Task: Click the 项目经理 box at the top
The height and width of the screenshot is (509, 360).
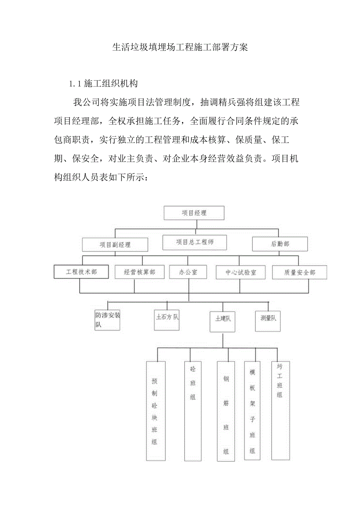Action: point(194,213)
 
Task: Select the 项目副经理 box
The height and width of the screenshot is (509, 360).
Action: point(115,245)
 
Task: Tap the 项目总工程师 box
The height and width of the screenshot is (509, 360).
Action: point(194,242)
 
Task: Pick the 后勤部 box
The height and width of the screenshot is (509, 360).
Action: point(280,244)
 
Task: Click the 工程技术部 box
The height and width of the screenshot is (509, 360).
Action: point(81,272)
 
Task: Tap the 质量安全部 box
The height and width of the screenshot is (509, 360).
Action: point(299,272)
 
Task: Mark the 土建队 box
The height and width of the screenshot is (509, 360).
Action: point(223,322)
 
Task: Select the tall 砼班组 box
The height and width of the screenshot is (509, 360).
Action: point(193,408)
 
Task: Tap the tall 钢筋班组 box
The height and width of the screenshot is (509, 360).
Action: point(226,411)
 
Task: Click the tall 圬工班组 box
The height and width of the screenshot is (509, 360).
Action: point(280,410)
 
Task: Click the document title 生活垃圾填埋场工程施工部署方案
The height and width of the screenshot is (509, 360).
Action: point(180,48)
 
